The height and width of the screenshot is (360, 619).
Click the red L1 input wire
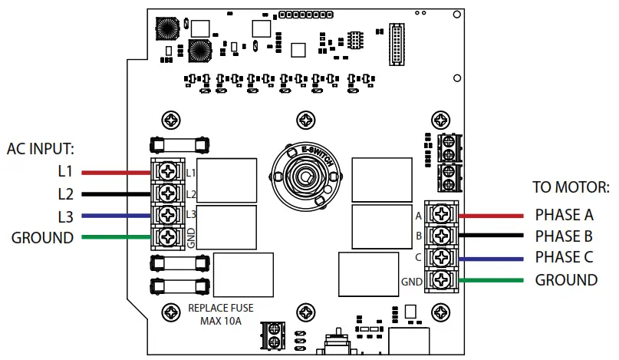point(115,172)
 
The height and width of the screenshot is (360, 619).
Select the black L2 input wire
point(115,193)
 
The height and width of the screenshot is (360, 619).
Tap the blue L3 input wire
point(115,215)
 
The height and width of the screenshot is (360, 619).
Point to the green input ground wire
point(115,237)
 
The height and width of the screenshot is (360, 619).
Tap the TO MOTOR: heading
point(571,187)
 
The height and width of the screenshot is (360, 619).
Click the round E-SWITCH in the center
point(305,176)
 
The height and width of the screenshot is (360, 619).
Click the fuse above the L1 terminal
point(179,144)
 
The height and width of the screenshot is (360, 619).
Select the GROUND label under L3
point(42,237)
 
